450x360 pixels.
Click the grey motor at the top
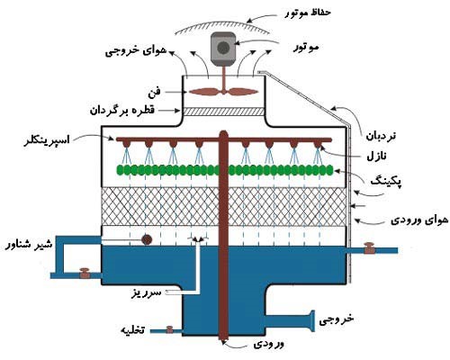(222, 49)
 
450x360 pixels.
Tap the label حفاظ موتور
(308, 13)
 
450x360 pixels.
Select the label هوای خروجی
(136, 50)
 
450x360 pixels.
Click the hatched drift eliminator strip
(224, 112)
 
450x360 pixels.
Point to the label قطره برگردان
(122, 111)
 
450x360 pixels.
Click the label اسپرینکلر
(47, 140)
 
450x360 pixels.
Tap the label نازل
(377, 156)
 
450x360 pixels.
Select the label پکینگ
(386, 181)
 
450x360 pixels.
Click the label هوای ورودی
(419, 220)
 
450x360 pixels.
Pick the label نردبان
(381, 136)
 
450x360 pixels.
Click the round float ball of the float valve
(147, 239)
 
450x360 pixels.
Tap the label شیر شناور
(29, 244)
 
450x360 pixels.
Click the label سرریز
(147, 292)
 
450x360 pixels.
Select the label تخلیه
(132, 330)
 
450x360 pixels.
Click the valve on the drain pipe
(169, 329)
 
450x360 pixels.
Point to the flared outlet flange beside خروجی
(312, 321)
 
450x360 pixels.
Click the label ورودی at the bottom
(268, 344)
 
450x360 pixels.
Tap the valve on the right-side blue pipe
(369, 248)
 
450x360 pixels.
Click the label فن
(154, 92)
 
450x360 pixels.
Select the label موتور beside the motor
(305, 48)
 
